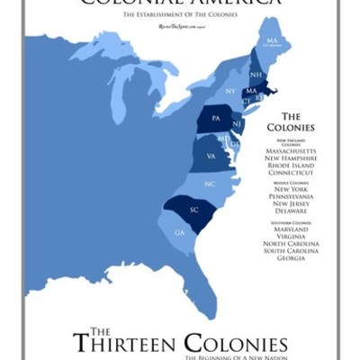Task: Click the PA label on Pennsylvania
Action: pos(216,119)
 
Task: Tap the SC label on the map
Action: pos(193,210)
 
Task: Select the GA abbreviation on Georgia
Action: pos(179,233)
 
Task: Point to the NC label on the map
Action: pos(209,184)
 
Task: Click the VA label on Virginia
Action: pos(211,156)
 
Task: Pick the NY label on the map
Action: pos(230,92)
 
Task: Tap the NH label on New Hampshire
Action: pos(256,75)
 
